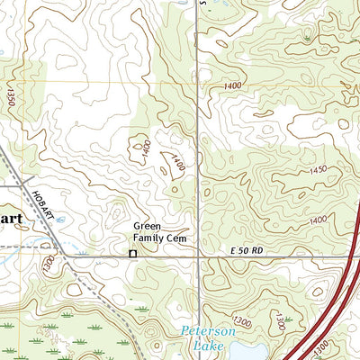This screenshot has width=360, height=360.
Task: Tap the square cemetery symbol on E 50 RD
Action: click(132, 255)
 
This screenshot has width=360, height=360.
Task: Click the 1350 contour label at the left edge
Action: click(10, 95)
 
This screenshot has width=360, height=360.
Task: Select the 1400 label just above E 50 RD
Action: click(318, 221)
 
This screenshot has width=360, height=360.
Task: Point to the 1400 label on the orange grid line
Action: click(234, 84)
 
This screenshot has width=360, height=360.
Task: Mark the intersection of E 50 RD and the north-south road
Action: click(198, 256)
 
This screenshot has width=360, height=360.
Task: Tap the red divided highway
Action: click(333, 297)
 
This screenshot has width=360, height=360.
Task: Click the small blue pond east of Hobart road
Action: click(60, 219)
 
